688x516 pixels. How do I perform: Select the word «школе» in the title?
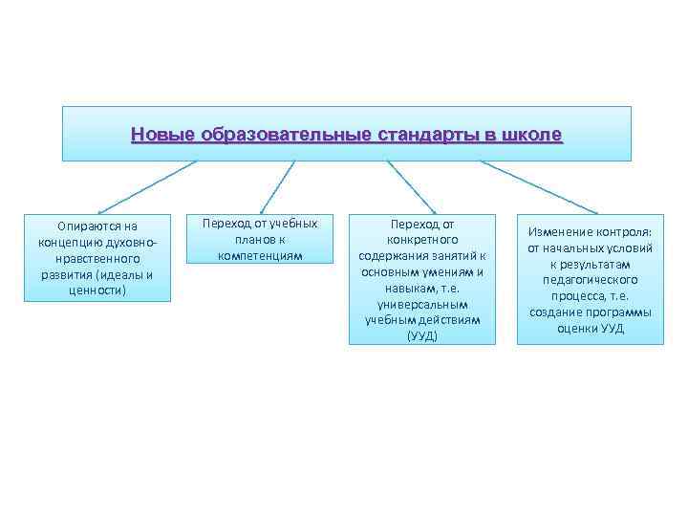pos(530,134)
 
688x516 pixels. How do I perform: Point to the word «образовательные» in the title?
pos(280,134)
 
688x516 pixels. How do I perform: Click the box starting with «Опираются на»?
pos(97,257)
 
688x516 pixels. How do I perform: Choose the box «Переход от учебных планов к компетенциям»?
pos(260,239)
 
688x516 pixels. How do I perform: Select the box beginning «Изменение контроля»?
pos(590,279)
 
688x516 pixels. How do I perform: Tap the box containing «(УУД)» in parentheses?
pos(421,279)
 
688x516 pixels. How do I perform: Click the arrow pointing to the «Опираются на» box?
pos(148,185)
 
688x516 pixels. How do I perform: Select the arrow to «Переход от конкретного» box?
pos(412,185)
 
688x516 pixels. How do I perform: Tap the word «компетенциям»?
pos(260,255)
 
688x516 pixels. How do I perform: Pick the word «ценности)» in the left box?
pos(97,290)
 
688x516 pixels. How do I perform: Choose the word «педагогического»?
pos(590,280)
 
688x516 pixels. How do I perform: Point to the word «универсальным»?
pos(421,304)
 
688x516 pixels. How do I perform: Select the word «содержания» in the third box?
pos(393,255)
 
